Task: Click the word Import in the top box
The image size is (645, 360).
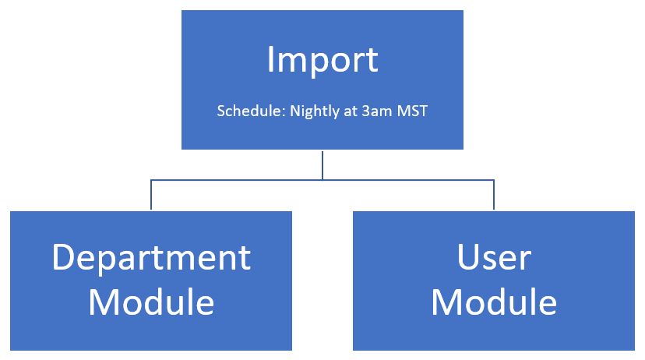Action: pyautogui.click(x=322, y=61)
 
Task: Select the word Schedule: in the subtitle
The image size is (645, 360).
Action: pyautogui.click(x=252, y=111)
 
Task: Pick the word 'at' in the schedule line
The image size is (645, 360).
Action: pyautogui.click(x=351, y=111)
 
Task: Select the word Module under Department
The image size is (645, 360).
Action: pyautogui.click(x=151, y=302)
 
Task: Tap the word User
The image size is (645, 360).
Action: pyautogui.click(x=494, y=258)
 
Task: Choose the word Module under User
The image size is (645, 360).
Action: pyautogui.click(x=494, y=302)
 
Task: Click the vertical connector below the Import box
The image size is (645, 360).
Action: pyautogui.click(x=322, y=165)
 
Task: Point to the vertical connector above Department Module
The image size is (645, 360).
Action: pyautogui.click(x=151, y=195)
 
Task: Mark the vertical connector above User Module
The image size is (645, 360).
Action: pyautogui.click(x=494, y=195)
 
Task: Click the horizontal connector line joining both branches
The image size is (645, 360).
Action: pyautogui.click(x=322, y=180)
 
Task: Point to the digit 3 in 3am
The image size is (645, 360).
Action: pyautogui.click(x=365, y=111)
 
